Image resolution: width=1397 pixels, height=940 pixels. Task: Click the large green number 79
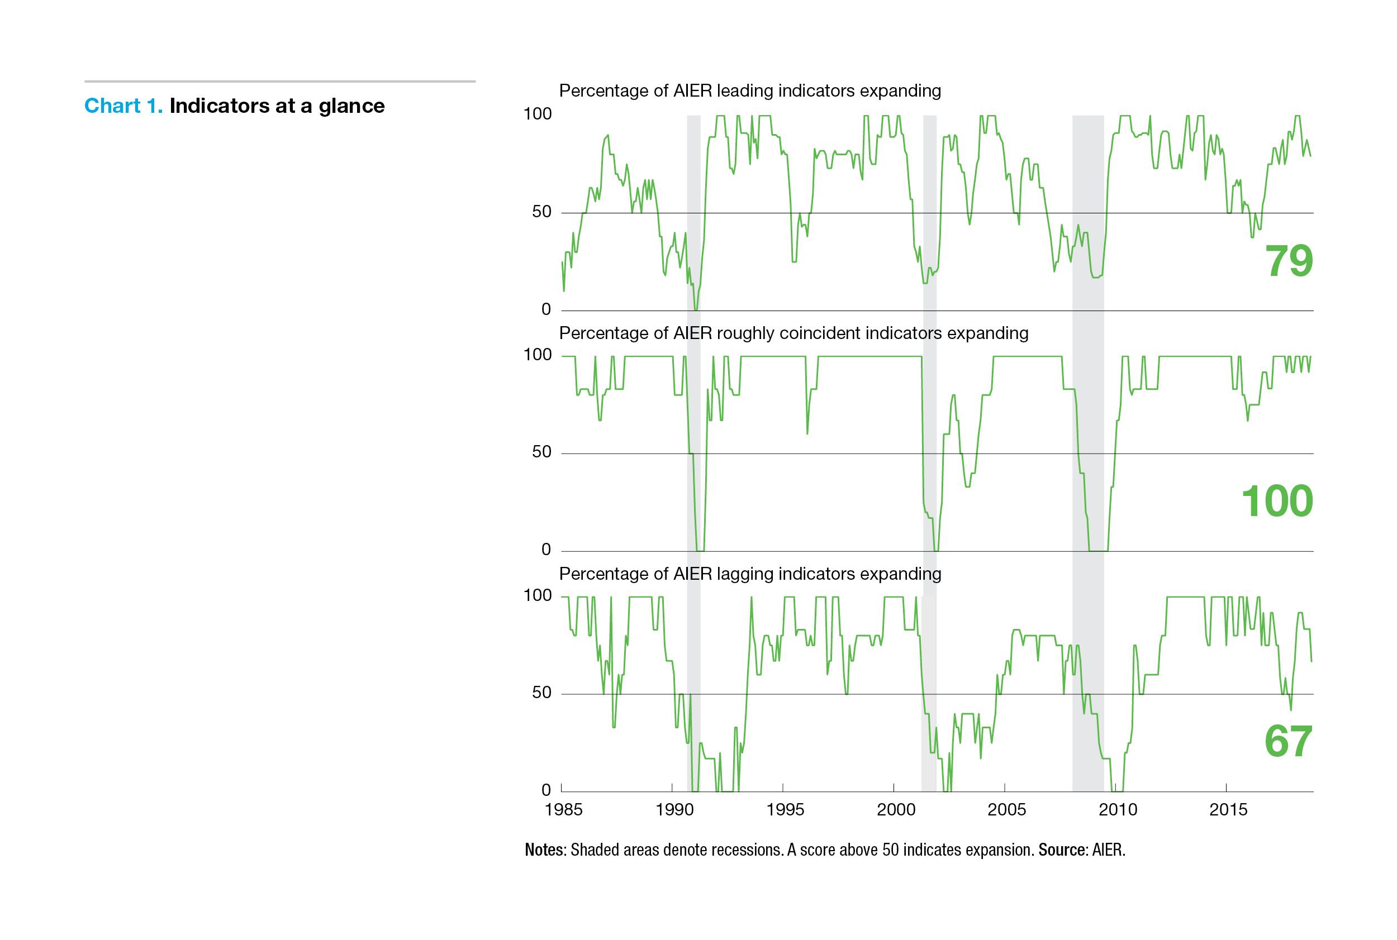coord(1289,260)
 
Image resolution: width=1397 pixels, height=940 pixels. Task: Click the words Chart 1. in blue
coord(123,106)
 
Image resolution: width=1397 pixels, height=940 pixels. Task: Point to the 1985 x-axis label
coord(563,809)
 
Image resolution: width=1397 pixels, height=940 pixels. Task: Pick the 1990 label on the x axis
coord(674,809)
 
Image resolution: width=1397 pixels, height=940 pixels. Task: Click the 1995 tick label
coord(785,809)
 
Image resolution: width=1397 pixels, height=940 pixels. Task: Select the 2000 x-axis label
coord(896,809)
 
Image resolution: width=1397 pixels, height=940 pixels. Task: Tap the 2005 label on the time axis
coord(1006,809)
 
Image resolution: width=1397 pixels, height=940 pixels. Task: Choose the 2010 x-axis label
coord(1118,809)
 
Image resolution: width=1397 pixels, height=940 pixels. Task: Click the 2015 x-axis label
coord(1228,809)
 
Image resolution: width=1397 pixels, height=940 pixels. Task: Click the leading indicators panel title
coord(749,90)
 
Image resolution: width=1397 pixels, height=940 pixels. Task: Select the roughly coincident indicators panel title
coord(793,333)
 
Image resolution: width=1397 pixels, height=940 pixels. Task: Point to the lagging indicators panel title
coord(749,574)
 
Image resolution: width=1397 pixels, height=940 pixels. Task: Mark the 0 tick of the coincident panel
coord(545,549)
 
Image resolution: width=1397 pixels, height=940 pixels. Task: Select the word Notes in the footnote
coord(544,850)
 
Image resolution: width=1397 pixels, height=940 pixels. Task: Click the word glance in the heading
coord(351,106)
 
